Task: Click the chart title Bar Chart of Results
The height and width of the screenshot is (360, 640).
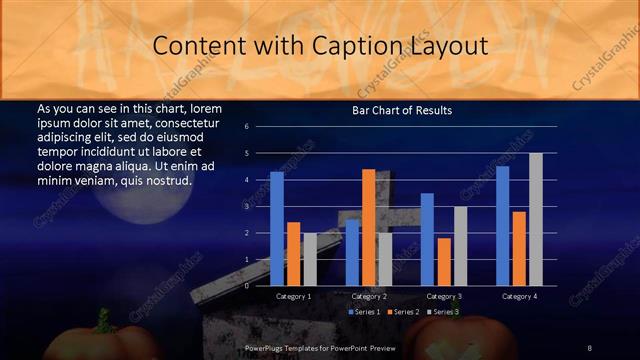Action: pos(401,110)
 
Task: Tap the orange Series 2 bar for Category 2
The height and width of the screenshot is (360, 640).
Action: pos(369,227)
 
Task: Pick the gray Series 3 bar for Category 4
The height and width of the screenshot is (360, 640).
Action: pos(535,219)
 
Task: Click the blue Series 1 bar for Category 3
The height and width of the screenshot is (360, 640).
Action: pos(427,239)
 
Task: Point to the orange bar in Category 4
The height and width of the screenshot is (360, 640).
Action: pos(519,248)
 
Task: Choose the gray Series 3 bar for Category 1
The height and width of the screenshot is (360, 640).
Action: pos(309,259)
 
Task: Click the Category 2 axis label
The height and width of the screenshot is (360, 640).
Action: pos(370,296)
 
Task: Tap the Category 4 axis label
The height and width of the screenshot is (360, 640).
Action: pos(519,296)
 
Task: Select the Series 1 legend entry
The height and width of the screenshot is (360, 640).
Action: pos(363,312)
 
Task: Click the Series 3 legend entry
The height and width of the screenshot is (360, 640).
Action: pos(442,312)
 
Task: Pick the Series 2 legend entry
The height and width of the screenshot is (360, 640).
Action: pos(403,312)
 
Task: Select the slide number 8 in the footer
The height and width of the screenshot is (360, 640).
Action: pos(590,348)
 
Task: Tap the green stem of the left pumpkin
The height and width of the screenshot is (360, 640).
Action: pos(102,320)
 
